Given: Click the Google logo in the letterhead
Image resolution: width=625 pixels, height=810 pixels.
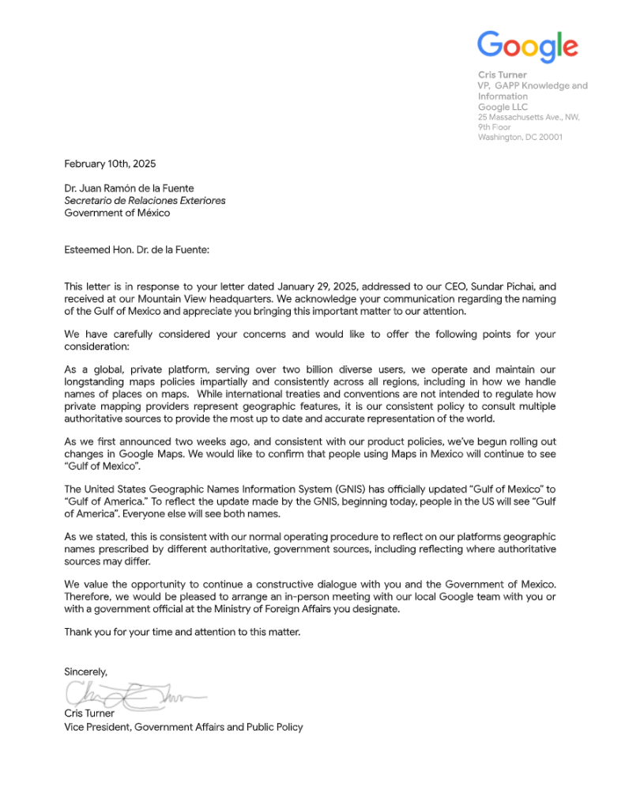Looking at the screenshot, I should (527, 46).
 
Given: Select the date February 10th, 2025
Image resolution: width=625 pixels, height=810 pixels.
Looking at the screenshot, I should (110, 164).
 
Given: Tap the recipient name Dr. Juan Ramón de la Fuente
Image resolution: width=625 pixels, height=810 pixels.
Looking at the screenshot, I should (129, 188).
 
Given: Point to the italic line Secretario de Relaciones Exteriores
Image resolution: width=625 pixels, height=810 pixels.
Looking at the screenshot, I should (145, 200).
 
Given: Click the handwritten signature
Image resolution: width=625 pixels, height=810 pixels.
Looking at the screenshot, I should (134, 695).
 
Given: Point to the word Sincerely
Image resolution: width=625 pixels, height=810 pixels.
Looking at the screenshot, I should (85, 671).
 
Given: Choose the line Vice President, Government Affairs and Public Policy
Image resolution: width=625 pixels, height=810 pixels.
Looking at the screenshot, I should (183, 727).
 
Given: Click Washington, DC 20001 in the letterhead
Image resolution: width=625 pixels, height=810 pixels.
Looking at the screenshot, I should (520, 137).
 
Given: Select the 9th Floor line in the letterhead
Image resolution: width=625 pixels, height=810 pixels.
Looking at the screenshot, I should (495, 127).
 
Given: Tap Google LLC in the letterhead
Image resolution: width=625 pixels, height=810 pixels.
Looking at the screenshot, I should (503, 107).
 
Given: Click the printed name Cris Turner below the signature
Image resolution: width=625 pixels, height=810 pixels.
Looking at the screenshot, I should (89, 714).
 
